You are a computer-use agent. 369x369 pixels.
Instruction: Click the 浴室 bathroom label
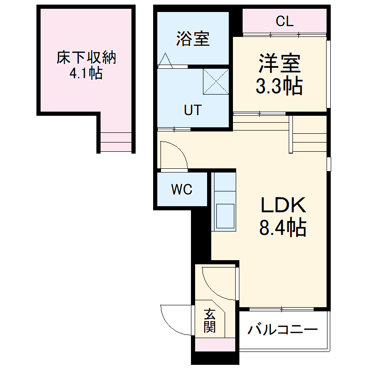coord(193,39)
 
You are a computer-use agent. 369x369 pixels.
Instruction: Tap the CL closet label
coord(285,21)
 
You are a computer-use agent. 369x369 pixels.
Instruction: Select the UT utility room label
coord(192,110)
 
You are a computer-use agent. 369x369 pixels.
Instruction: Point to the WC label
coord(182,189)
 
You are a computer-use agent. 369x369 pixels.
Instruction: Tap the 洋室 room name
coord(280,64)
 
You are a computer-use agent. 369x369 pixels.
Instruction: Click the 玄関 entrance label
coord(210,321)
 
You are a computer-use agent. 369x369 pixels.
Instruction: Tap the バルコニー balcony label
coord(283,330)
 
